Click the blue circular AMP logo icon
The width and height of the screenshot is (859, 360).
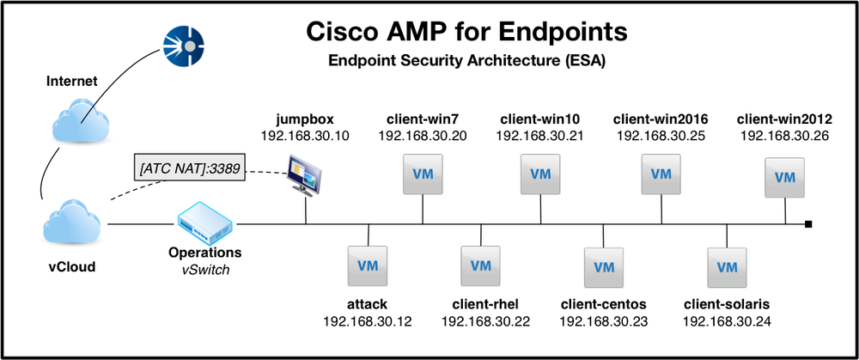coord(186,46)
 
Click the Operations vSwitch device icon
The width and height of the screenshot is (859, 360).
coord(204,225)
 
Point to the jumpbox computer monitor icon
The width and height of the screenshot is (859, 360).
coord(307,175)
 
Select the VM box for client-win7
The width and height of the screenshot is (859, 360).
coord(422,174)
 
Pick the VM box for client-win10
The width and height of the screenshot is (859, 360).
coord(539,174)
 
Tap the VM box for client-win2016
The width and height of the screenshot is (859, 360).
coord(661,174)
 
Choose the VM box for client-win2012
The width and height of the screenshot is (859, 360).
coord(784,177)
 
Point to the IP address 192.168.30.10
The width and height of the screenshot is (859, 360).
coord(304,136)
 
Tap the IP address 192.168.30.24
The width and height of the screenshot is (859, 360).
coord(726,321)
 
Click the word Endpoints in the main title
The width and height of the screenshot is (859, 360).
coord(561,32)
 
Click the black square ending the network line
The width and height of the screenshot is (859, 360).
coord(808,225)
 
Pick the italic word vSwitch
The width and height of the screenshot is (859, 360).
coord(204,270)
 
